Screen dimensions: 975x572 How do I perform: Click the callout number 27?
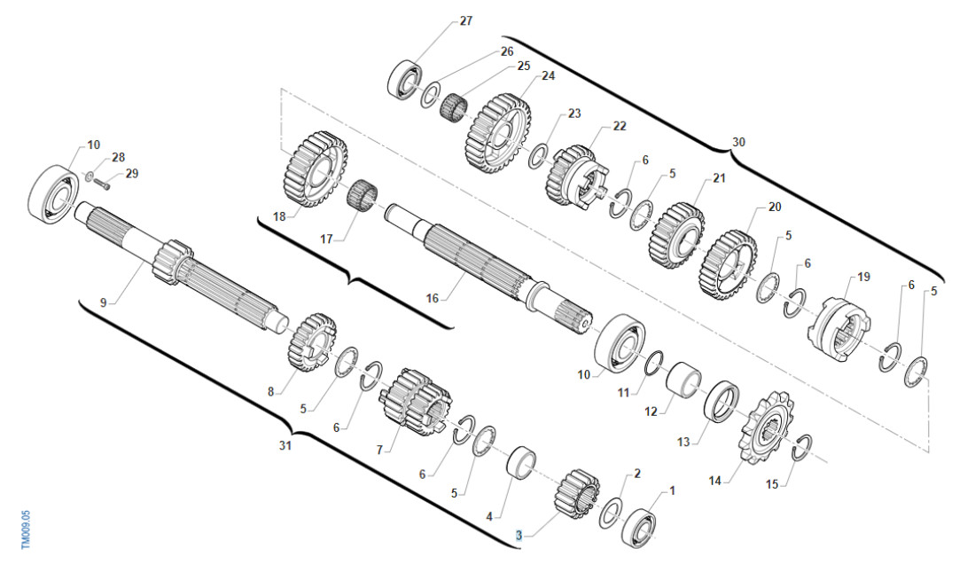pos(465,21)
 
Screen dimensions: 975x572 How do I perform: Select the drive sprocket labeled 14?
pos(764,427)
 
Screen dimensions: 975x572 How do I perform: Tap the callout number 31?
pos(285,446)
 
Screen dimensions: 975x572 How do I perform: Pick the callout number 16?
pos(433,299)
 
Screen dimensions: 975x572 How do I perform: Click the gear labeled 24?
pos(498,134)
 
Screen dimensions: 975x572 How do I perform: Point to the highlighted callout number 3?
pos(519,536)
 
